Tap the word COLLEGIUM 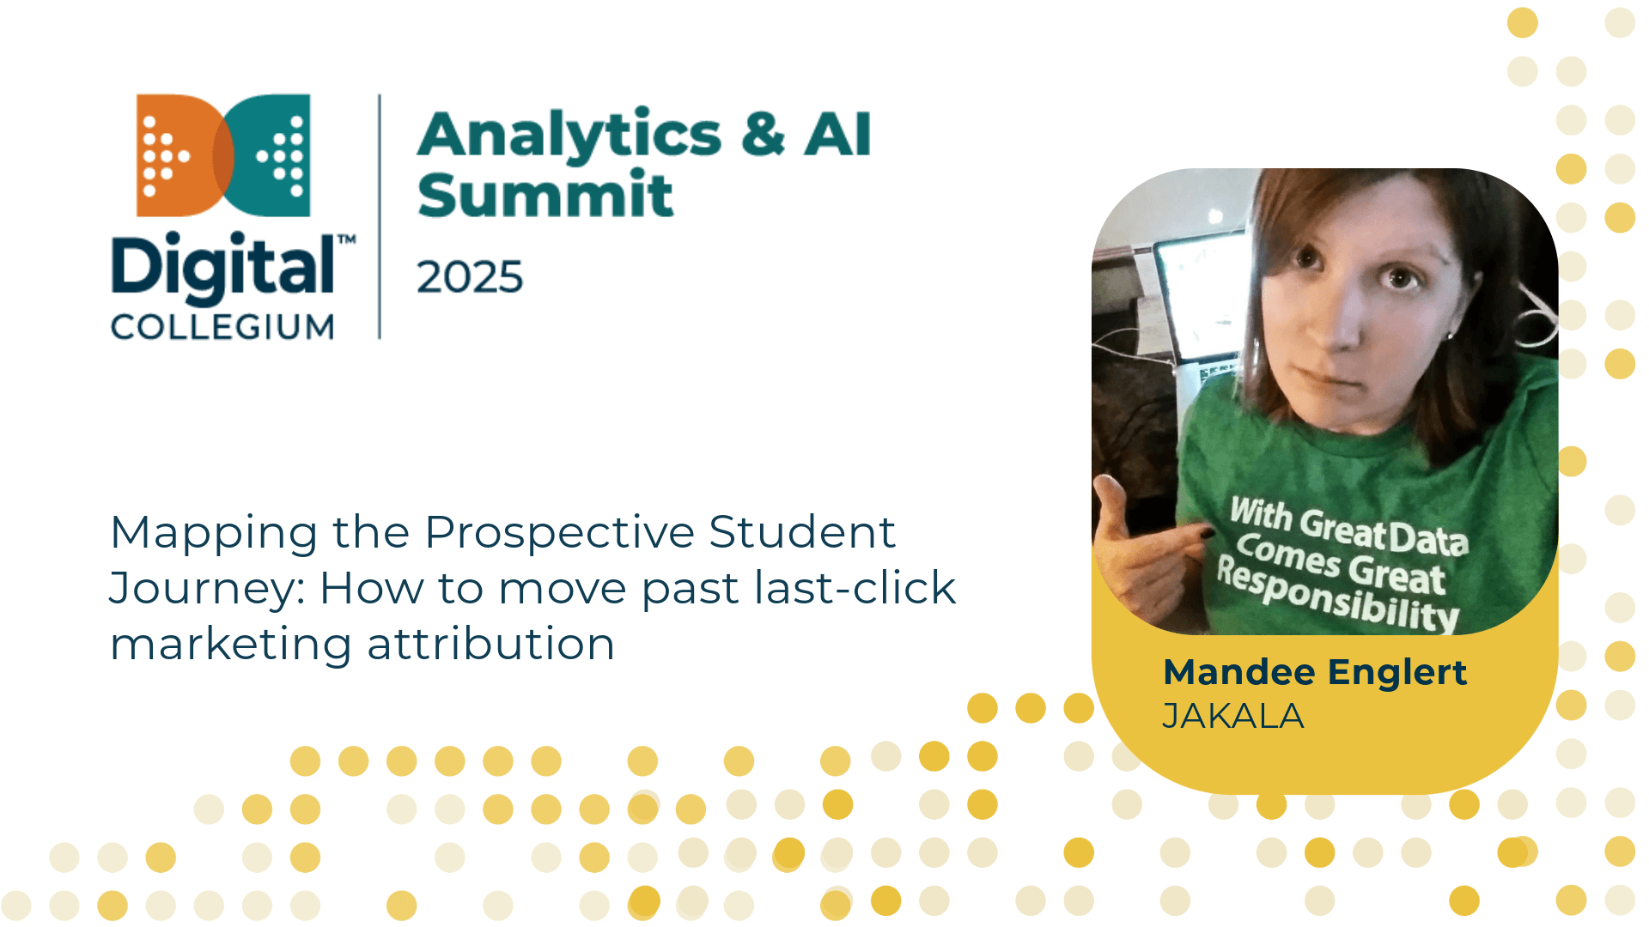click(x=222, y=327)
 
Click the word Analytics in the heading click(x=569, y=136)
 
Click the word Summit click(x=545, y=194)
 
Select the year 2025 click(x=470, y=277)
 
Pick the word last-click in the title click(x=855, y=588)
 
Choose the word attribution click(x=491, y=644)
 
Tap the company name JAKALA click(x=1232, y=716)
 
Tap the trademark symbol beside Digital click(x=346, y=239)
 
